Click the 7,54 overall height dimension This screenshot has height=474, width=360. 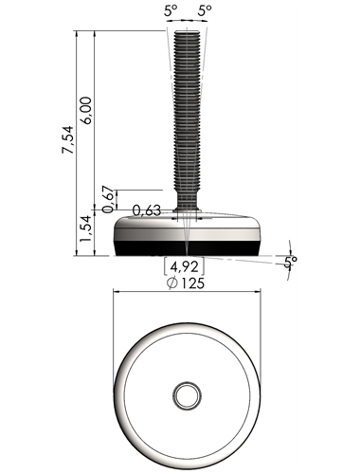click(67, 139)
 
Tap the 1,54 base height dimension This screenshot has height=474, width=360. click(85, 228)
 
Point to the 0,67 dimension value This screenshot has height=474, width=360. click(108, 199)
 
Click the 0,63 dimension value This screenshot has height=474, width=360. click(147, 210)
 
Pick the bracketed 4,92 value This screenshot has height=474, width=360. click(185, 267)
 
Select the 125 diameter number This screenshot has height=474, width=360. click(192, 283)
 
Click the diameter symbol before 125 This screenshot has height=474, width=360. click(172, 283)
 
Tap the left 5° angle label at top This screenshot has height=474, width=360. click(171, 11)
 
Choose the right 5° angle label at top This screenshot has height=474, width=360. click(205, 11)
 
